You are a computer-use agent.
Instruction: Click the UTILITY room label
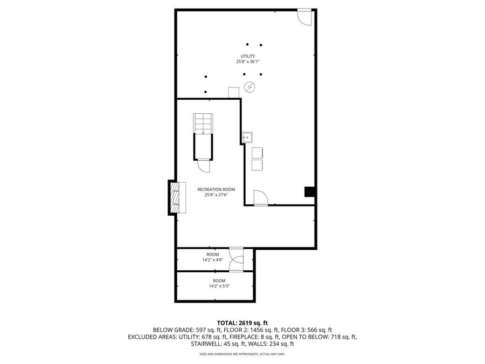(x=247, y=56)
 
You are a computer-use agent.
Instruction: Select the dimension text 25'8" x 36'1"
(x=247, y=62)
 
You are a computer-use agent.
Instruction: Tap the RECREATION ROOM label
(x=216, y=189)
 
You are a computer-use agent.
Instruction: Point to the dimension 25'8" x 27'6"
(x=216, y=195)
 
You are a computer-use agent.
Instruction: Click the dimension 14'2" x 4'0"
(x=212, y=259)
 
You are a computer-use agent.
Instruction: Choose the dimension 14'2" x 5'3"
(x=219, y=286)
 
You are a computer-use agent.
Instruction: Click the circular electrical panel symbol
(x=250, y=86)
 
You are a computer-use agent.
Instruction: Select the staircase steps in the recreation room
(x=203, y=123)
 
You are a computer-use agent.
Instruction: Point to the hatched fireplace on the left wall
(x=175, y=198)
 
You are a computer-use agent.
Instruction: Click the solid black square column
(x=310, y=192)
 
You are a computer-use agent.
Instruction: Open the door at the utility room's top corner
(x=305, y=17)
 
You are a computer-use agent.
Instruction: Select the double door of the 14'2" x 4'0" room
(x=236, y=258)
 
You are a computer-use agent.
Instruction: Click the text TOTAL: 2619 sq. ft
(x=242, y=322)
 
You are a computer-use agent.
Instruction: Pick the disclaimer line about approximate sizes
(x=242, y=354)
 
